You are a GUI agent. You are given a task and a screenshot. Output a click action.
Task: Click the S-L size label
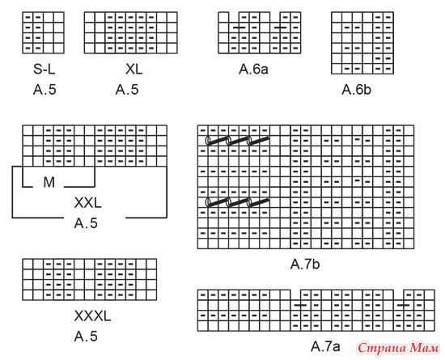click(44, 69)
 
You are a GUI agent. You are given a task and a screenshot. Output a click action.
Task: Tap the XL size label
click(134, 69)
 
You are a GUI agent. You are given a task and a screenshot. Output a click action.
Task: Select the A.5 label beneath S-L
click(44, 90)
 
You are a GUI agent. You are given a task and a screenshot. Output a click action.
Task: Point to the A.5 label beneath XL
click(127, 90)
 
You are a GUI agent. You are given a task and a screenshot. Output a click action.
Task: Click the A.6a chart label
click(253, 69)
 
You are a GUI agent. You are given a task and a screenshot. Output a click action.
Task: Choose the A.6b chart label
click(357, 90)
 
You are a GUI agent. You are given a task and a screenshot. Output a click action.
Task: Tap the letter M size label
click(49, 182)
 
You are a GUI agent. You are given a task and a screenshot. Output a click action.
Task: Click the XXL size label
click(87, 203)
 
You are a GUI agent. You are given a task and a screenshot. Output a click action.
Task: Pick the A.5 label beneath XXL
click(86, 223)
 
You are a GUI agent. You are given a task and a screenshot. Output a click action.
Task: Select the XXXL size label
click(92, 316)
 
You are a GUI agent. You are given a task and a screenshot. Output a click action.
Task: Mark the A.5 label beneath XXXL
click(86, 337)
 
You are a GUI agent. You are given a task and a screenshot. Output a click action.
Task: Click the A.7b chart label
click(305, 264)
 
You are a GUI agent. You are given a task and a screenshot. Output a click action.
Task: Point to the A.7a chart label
click(325, 346)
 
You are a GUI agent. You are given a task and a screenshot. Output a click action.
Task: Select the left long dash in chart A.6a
click(239, 28)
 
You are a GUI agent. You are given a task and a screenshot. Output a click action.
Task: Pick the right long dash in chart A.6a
click(280, 28)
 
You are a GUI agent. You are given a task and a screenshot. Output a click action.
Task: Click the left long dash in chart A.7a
click(300, 305)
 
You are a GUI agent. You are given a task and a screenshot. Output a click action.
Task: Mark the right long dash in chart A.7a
click(404, 305)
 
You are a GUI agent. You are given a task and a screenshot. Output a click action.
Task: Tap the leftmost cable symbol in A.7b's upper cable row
click(217, 140)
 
